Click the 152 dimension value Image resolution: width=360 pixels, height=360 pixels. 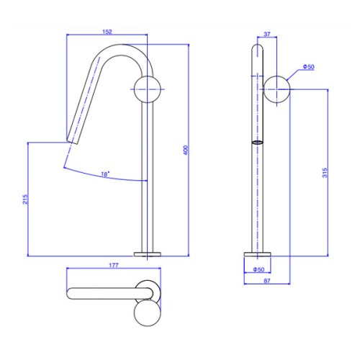107,32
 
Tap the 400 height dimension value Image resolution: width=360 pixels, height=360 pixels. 186,150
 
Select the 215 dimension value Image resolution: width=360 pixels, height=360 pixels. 25,199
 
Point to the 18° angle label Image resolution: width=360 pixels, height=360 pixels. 105,174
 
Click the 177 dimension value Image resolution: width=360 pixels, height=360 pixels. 114,265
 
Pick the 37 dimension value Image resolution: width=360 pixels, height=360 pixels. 267,34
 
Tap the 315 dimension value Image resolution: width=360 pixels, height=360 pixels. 325,173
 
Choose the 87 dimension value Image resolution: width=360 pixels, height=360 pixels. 267,281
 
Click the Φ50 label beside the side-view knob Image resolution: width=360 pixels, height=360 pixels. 308,67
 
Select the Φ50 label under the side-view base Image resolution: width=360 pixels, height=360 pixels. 258,269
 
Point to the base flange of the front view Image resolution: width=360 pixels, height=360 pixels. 148,254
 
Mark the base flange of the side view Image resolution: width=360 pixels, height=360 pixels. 257,254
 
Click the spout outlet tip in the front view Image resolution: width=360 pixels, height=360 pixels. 72,142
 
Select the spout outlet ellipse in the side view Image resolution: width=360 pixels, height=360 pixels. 257,143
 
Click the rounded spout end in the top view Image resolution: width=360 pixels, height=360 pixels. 68,294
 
